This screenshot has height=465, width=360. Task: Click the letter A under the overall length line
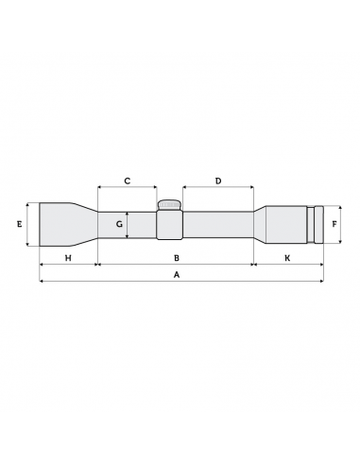point(176,274)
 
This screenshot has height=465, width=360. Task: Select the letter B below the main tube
point(176,257)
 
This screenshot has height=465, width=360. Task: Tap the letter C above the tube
point(127,180)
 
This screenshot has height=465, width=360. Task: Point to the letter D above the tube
point(218,180)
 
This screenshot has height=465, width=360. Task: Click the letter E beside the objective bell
point(19,225)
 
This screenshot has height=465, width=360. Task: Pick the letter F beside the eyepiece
point(335,225)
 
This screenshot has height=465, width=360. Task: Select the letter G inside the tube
point(119,225)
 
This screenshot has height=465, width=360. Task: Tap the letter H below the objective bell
point(68,257)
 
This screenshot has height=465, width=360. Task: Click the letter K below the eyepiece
point(287,257)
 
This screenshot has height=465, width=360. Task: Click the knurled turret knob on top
point(169,205)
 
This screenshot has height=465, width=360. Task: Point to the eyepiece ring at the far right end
point(319,225)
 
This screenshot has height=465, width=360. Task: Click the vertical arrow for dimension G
point(128,225)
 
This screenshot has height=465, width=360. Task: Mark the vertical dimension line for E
point(30,225)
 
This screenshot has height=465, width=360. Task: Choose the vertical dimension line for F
point(327,225)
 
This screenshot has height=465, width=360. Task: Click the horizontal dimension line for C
point(127,188)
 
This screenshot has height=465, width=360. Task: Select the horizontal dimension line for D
point(218,188)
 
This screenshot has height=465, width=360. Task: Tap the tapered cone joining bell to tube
point(88,225)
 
